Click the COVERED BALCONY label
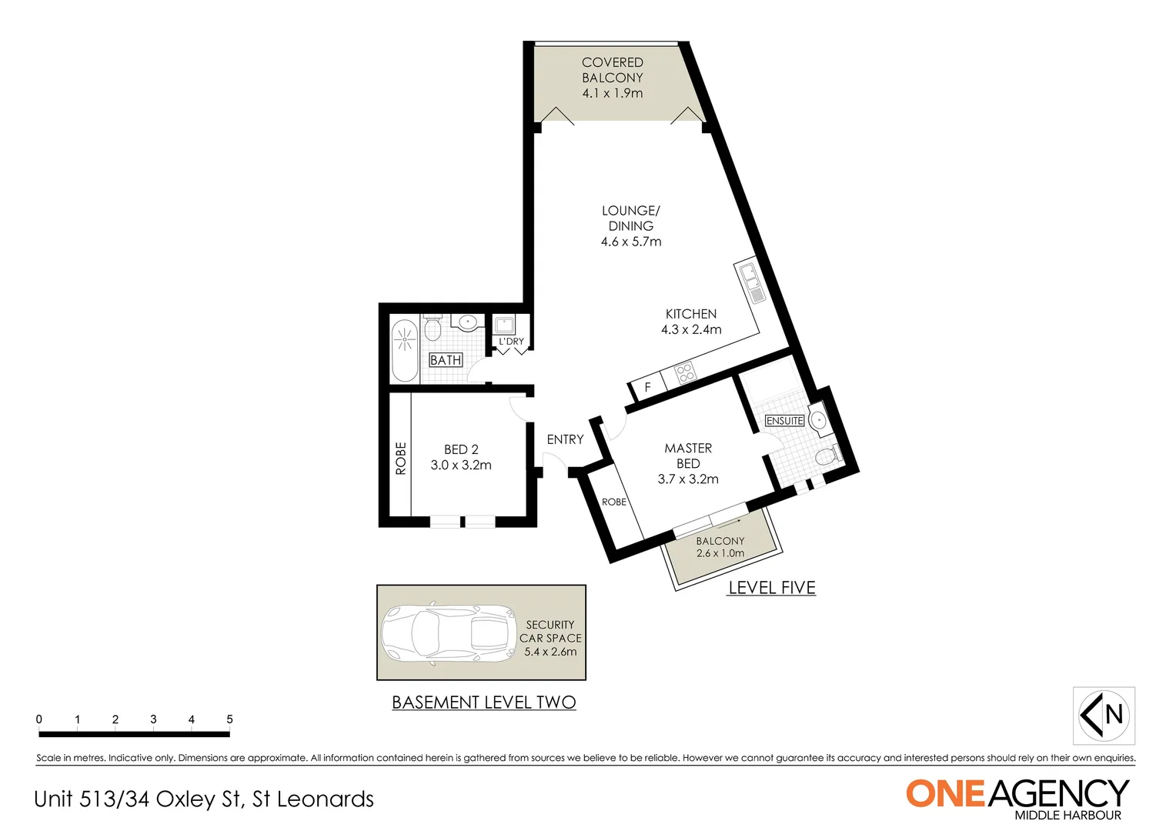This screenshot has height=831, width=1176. (612, 70)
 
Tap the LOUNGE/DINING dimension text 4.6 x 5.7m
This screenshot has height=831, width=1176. (631, 242)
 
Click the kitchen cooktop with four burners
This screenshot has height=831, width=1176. (684, 373)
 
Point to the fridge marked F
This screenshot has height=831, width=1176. (647, 387)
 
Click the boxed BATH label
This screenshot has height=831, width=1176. (446, 360)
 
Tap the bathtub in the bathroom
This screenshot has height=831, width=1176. (405, 352)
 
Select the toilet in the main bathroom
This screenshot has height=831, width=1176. (432, 329)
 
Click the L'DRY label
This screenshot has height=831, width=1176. (511, 342)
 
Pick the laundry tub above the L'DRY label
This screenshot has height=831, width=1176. (504, 324)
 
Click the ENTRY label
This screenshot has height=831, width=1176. (565, 439)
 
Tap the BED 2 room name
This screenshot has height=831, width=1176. (461, 449)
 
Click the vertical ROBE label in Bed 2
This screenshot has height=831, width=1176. (400, 458)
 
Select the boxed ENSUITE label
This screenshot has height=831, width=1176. (784, 421)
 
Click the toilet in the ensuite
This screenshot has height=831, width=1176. (828, 456)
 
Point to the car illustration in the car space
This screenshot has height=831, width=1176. (449, 632)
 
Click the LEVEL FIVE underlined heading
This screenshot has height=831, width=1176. (771, 588)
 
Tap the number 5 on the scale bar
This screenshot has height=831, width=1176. (229, 719)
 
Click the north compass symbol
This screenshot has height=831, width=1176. (1104, 716)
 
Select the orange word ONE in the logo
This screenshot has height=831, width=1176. (945, 794)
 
